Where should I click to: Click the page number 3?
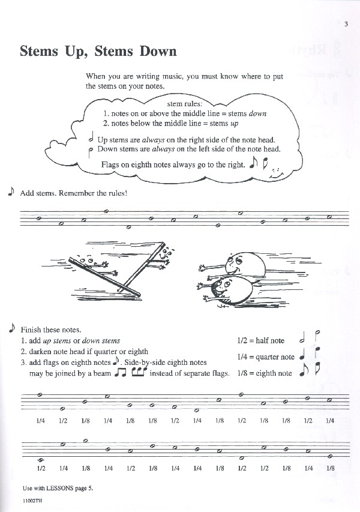pyautogui.click(x=346, y=24)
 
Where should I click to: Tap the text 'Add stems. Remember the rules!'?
pyautogui.click(x=74, y=193)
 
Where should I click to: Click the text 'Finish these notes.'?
pyautogui.click(x=51, y=330)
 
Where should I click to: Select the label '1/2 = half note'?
pyautogui.click(x=261, y=341)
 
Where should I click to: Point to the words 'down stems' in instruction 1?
pyautogui.click(x=101, y=341)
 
